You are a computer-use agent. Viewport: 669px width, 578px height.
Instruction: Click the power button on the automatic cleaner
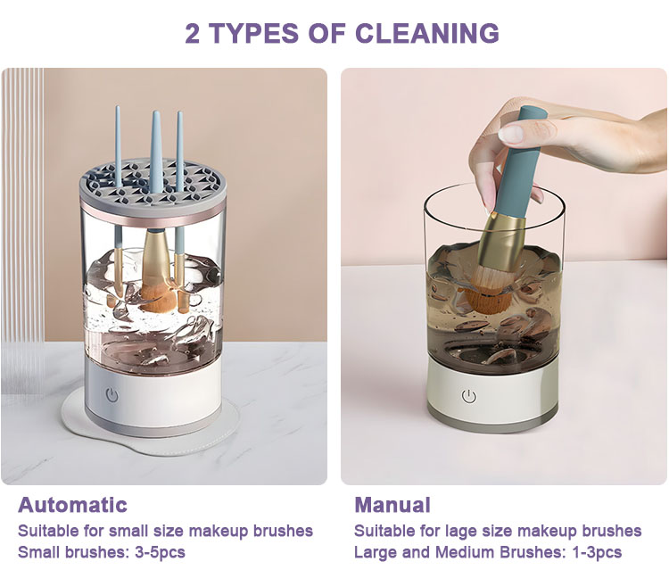pos(111,395)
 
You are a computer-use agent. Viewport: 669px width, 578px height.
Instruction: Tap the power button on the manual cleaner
pos(469,396)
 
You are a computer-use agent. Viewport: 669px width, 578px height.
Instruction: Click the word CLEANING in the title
pos(427,33)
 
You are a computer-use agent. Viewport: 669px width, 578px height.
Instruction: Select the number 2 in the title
pos(193,33)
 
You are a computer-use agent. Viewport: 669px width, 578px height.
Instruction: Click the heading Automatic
pos(72,505)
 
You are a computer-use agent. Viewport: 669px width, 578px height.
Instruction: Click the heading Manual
pos(392,505)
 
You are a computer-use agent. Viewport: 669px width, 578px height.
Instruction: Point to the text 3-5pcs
pos(160,552)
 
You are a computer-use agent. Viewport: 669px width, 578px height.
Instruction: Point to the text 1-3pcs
pos(597,552)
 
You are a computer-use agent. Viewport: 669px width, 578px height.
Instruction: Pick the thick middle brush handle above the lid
pos(157,149)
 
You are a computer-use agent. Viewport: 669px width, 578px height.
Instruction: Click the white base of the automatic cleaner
pos(153,394)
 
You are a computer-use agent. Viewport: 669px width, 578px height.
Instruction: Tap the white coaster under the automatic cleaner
pos(150,426)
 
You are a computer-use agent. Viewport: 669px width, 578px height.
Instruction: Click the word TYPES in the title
pos(277,33)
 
